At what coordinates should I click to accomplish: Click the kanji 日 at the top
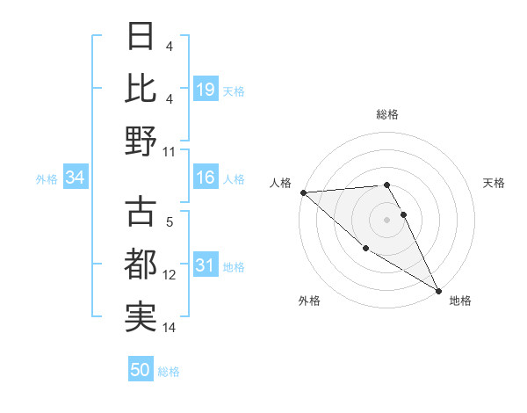click(x=141, y=38)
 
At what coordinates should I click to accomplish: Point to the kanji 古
click(x=141, y=214)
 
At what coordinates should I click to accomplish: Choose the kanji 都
click(x=141, y=265)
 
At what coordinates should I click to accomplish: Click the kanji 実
click(x=141, y=317)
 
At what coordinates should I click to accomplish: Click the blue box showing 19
click(x=206, y=90)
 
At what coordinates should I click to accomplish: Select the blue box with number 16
click(x=206, y=178)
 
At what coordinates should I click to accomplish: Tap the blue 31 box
click(x=206, y=266)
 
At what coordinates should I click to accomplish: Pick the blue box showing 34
click(x=76, y=178)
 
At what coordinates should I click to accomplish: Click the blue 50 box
click(x=141, y=370)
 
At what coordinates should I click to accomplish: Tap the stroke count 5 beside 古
click(x=170, y=223)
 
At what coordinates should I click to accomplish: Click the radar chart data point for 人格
click(x=303, y=192)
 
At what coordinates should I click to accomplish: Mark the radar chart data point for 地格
click(x=438, y=290)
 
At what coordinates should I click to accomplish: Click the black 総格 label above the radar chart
click(x=387, y=114)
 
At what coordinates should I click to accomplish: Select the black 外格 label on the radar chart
click(x=309, y=301)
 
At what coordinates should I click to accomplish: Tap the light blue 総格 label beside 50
click(x=169, y=371)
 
